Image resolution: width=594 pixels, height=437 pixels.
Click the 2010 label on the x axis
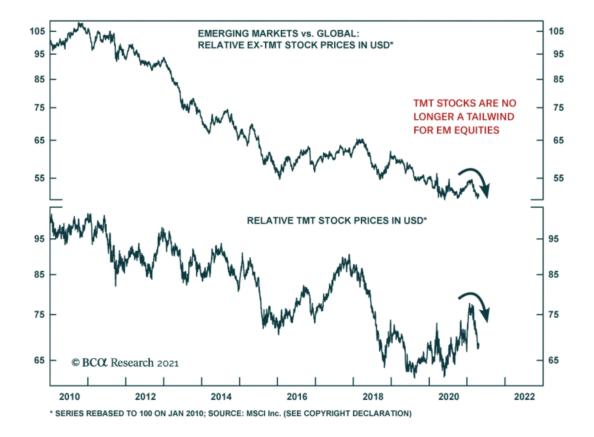tap(69, 397)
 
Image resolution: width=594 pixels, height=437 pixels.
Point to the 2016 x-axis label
tap(297, 397)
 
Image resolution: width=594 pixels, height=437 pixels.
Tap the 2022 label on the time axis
tap(524, 397)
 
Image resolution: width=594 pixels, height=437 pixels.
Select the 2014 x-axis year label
tap(221, 397)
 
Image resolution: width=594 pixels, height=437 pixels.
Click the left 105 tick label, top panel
tap(37, 31)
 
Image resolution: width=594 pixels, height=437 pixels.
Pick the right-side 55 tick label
tap(558, 178)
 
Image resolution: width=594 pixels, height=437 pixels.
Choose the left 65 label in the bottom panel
tap(39, 360)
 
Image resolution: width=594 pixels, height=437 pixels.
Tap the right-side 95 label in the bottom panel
tap(553, 239)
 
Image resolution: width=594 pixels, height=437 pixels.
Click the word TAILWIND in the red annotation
tap(490, 117)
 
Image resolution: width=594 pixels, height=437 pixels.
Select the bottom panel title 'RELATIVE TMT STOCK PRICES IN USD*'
tap(337, 221)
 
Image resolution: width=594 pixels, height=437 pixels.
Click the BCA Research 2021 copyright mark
tap(125, 362)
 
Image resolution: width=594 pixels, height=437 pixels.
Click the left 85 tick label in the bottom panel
tap(39, 274)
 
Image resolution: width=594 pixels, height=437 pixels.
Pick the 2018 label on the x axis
tap(373, 397)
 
